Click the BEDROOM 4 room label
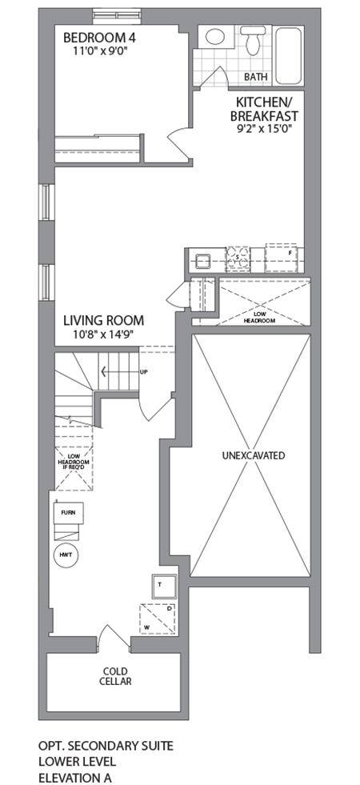(x=98, y=37)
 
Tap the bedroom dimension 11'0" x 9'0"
(x=98, y=50)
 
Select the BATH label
(x=256, y=77)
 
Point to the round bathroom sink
(x=214, y=37)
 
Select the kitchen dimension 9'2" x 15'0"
(x=266, y=127)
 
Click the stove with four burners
(x=237, y=258)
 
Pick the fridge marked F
(x=285, y=256)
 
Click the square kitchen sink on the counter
(x=200, y=258)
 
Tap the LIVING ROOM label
(x=102, y=322)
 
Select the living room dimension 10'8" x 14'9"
(x=102, y=335)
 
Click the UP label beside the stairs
(x=144, y=372)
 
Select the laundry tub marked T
(x=160, y=586)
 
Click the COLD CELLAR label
(x=116, y=676)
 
